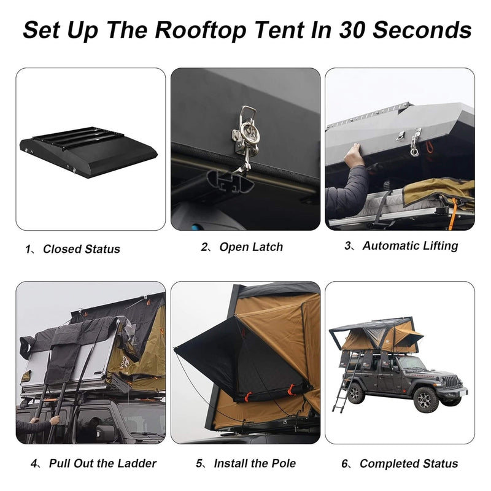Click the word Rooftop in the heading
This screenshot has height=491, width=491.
coord(198,29)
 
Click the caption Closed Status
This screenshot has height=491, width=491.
coord(81,249)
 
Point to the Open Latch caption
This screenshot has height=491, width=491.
coord(251,247)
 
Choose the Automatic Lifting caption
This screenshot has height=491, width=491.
coord(410,246)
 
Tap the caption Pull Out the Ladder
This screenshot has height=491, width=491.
coord(102,463)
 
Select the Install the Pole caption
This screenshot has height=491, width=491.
coord(255,463)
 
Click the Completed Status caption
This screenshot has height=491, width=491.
coord(409,463)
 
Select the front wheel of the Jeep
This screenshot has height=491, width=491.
coord(425,400)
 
